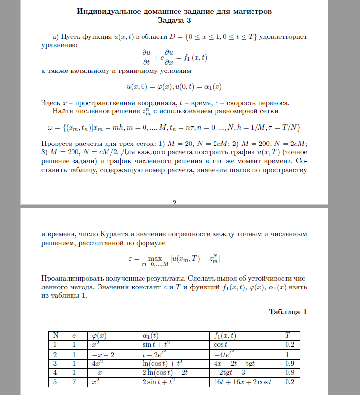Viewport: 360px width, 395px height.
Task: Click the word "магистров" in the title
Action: click(247, 11)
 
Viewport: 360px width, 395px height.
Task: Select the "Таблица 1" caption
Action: click(288, 312)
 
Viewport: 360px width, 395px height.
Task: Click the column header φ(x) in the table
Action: click(99, 336)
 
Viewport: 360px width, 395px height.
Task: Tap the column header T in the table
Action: click(288, 336)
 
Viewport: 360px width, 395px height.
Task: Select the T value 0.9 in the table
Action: click(290, 363)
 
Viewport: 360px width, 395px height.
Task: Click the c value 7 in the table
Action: click(73, 382)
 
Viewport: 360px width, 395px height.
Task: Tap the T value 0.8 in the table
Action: click(290, 372)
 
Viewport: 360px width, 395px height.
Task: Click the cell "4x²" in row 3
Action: click(97, 363)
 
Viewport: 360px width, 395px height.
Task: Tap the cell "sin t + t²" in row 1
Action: click(156, 345)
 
